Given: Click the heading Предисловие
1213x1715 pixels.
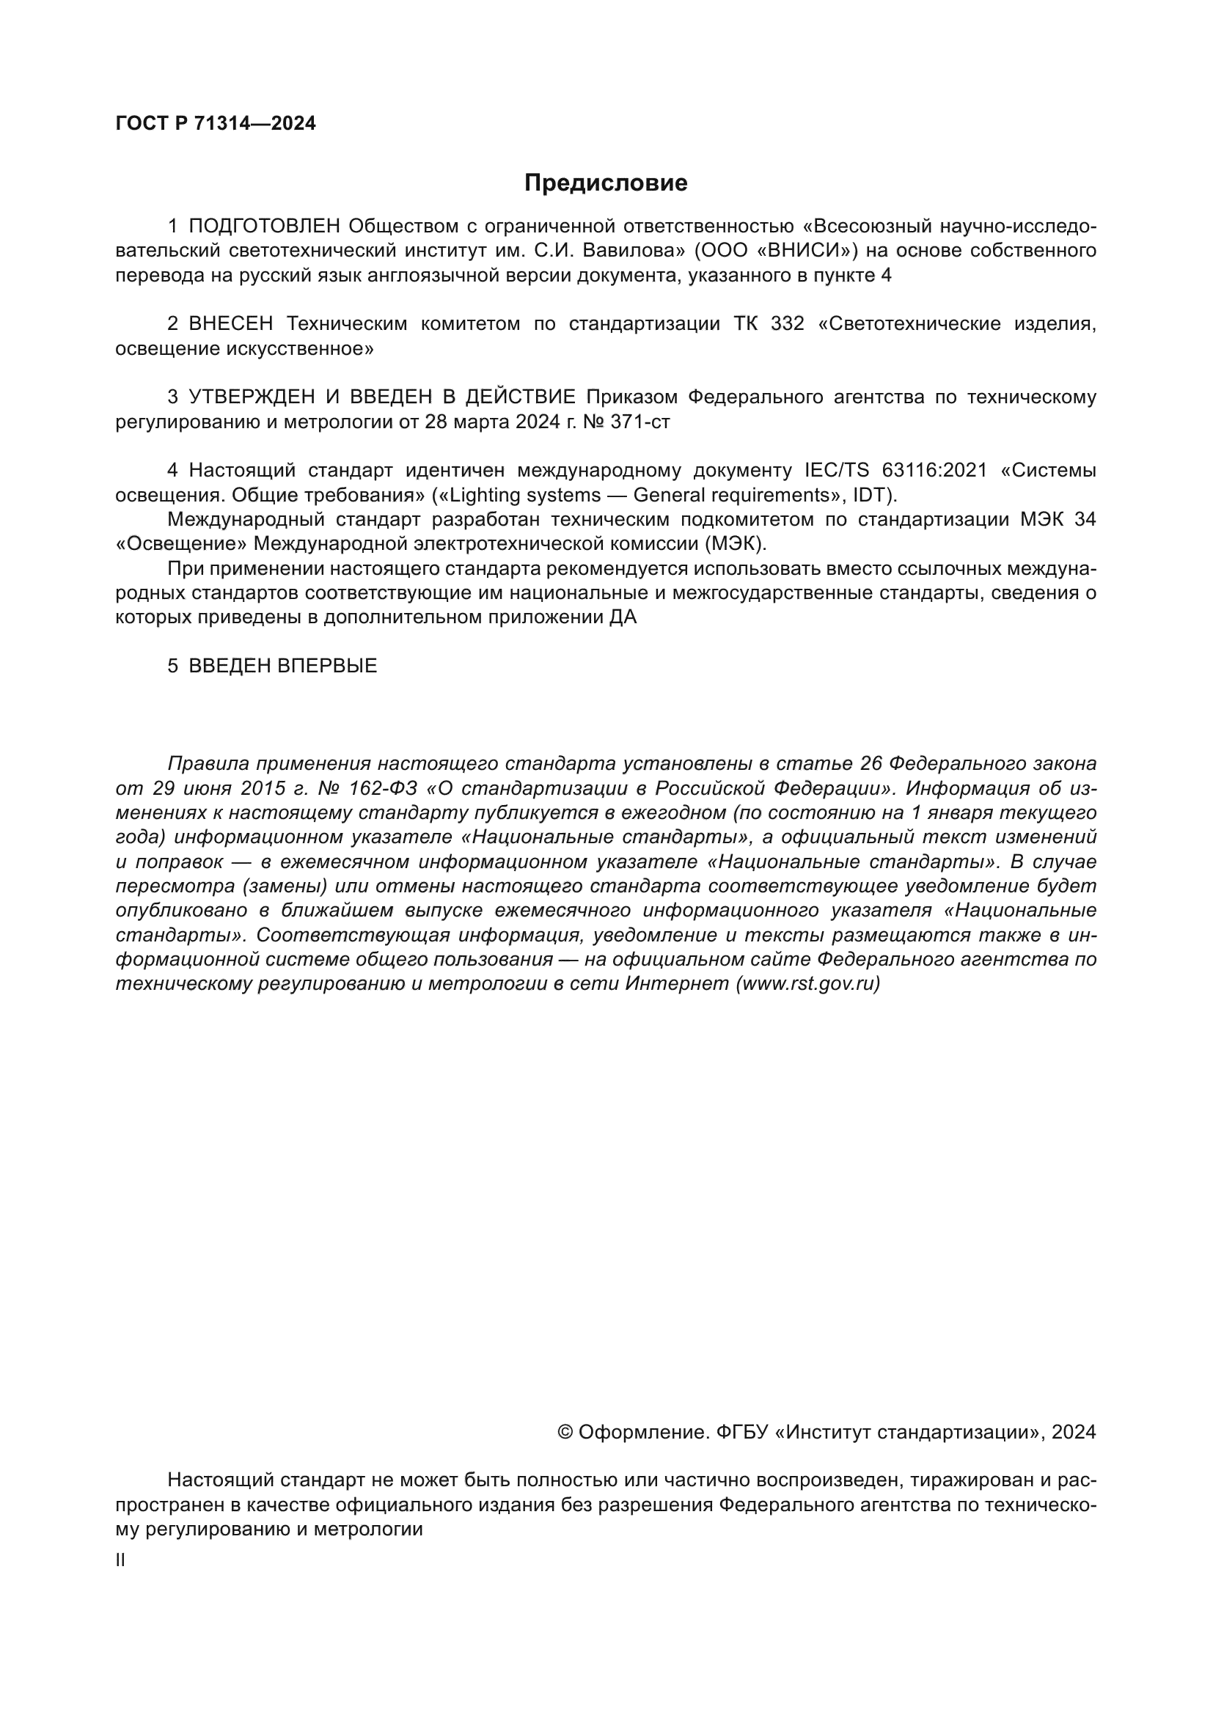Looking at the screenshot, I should [x=605, y=183].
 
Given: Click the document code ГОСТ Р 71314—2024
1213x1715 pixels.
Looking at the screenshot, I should [x=216, y=124].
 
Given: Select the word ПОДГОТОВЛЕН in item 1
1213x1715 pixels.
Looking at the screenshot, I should [x=265, y=227].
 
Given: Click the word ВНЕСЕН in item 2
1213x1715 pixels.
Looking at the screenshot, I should [x=231, y=324].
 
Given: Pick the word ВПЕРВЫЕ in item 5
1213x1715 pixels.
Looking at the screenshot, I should [x=327, y=666].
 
